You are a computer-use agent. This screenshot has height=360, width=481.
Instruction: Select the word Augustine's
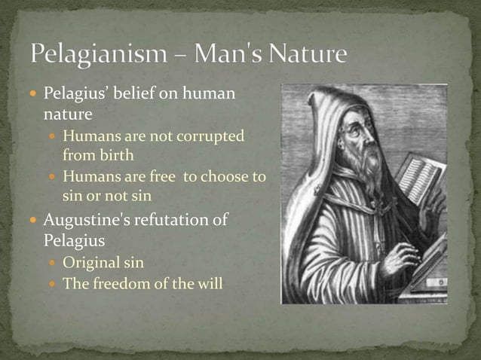tap(86, 221)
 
